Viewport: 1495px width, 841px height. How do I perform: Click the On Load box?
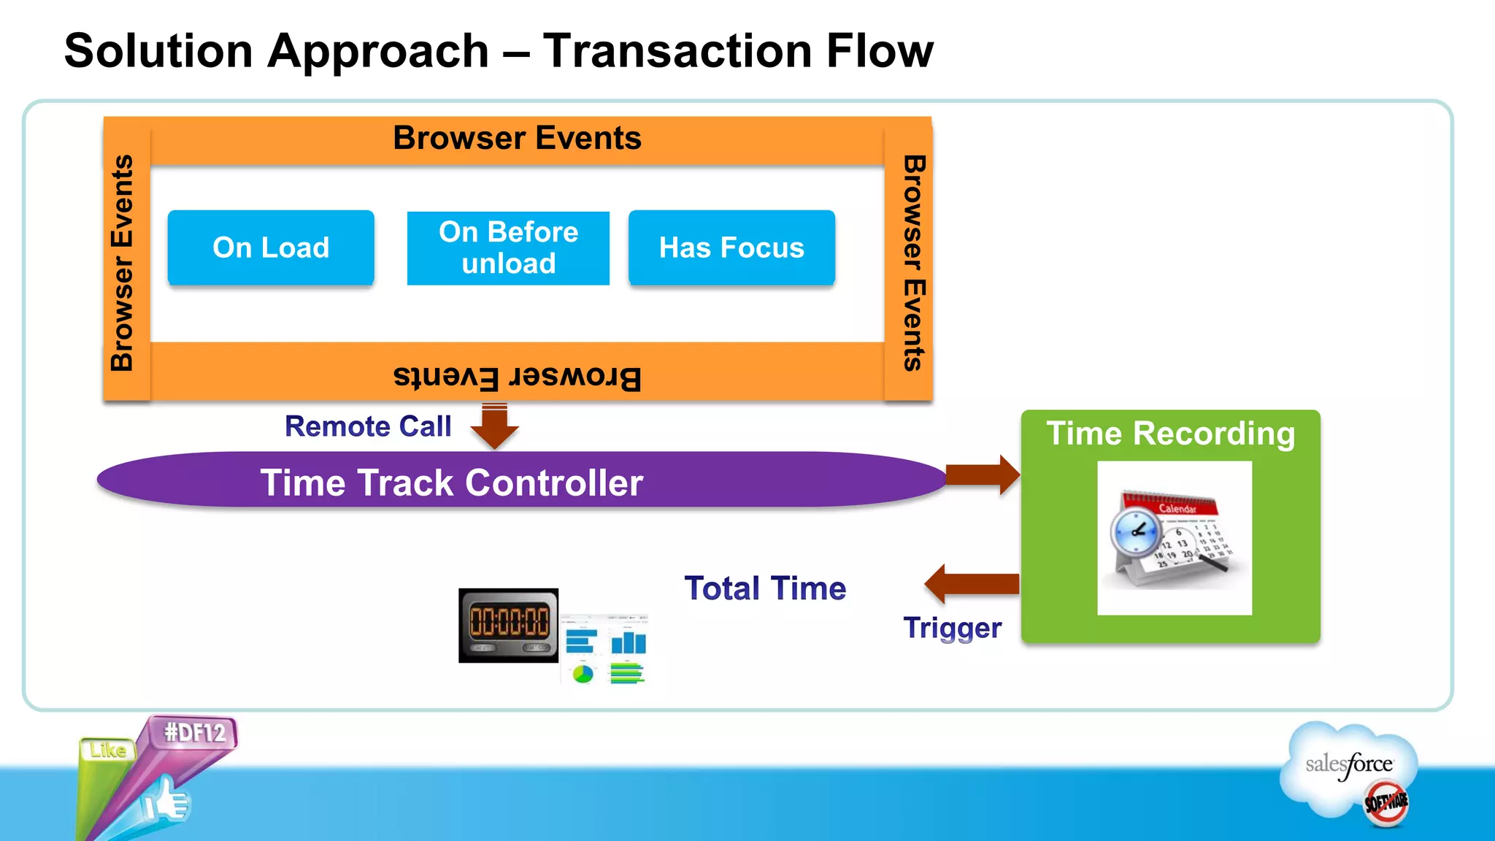pyautogui.click(x=271, y=247)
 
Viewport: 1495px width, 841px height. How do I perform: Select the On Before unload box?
pyautogui.click(x=508, y=247)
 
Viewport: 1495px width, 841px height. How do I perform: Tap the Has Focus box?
pyautogui.click(x=731, y=247)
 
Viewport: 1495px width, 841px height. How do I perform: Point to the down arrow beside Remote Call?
pyautogui.click(x=494, y=428)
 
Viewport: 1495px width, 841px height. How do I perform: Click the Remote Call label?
pyautogui.click(x=368, y=426)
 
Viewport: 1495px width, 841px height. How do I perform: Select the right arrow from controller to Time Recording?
pyautogui.click(x=983, y=475)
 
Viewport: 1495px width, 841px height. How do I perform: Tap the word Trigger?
pyautogui.click(x=952, y=628)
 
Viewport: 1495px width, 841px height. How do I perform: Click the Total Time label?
pyautogui.click(x=765, y=588)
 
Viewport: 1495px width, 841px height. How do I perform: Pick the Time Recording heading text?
pyautogui.click(x=1170, y=434)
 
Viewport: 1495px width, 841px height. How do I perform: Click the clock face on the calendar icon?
pyautogui.click(x=1135, y=531)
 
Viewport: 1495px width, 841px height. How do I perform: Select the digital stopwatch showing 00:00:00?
pyautogui.click(x=508, y=624)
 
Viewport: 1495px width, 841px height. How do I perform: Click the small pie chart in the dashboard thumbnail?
pyautogui.click(x=583, y=674)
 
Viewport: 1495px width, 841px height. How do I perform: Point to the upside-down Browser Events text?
pyautogui.click(x=517, y=377)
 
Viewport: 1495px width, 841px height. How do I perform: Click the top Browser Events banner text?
pyautogui.click(x=517, y=138)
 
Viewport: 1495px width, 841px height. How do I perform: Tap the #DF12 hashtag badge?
pyautogui.click(x=194, y=731)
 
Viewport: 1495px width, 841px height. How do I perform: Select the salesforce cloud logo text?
pyautogui.click(x=1349, y=764)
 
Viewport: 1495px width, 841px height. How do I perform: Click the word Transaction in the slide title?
pyautogui.click(x=677, y=51)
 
